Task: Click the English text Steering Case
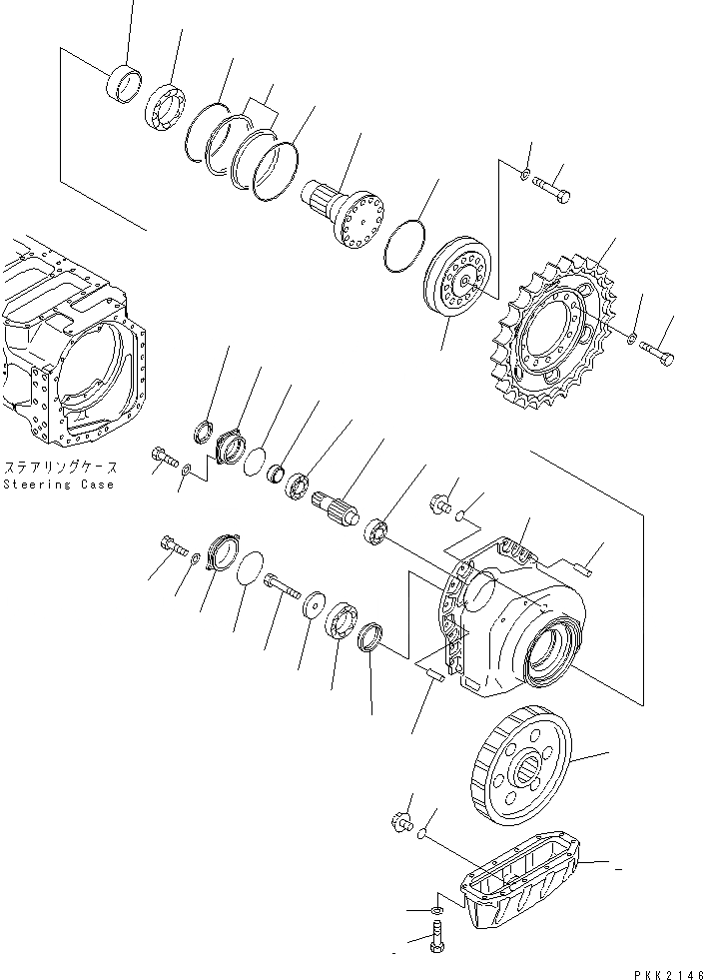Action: (58, 485)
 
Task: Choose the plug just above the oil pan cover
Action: (402, 821)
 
